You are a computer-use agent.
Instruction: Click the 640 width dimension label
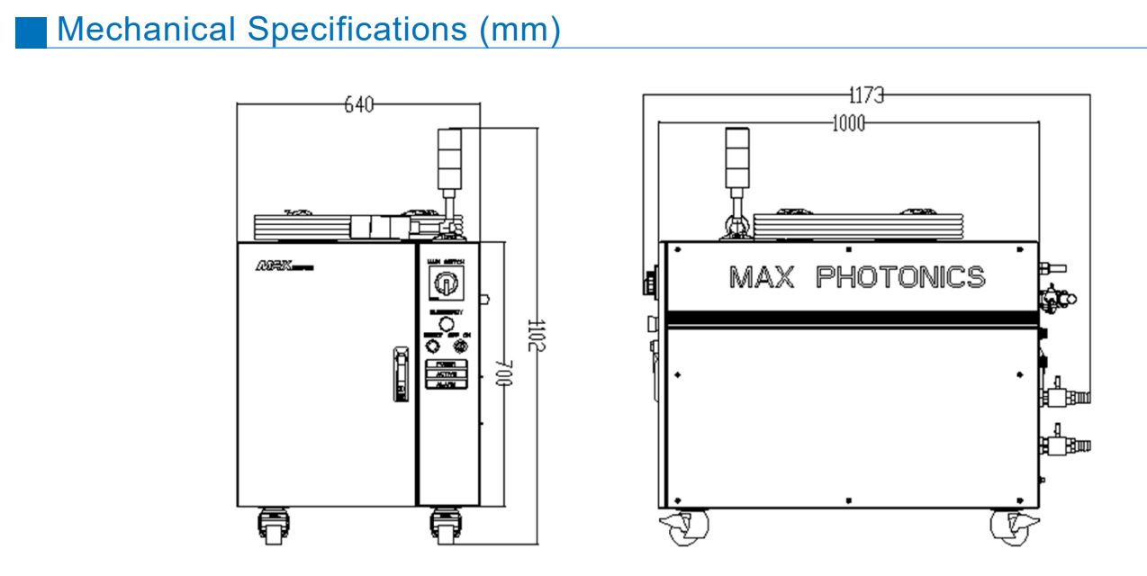359,105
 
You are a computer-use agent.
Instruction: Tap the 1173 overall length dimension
866,94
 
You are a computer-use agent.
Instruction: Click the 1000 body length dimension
847,123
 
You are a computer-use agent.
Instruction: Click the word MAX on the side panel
761,276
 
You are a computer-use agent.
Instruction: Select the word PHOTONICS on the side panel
899,276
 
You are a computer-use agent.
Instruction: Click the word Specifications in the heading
357,29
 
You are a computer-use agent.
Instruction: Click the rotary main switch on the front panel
445,286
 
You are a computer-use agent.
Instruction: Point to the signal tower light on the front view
447,158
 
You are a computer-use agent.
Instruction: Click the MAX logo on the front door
280,266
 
